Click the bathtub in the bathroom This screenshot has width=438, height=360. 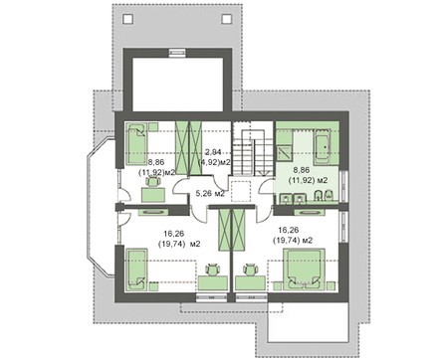click(x=323, y=147)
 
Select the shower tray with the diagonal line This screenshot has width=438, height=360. click(x=285, y=154)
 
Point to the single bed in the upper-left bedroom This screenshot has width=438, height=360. click(x=136, y=144)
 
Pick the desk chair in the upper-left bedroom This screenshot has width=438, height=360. click(x=153, y=182)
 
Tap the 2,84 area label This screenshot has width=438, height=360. click(x=213, y=152)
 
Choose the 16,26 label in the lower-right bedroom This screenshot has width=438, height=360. click(x=289, y=230)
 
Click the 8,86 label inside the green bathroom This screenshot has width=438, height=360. click(x=302, y=170)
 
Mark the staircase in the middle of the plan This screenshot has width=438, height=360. click(x=254, y=148)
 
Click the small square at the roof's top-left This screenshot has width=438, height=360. click(x=128, y=19)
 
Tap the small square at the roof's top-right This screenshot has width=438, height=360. click(x=227, y=19)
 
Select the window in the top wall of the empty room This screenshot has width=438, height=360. click(x=176, y=53)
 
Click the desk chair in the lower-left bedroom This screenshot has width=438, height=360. click(x=213, y=270)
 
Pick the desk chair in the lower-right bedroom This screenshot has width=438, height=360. click(x=250, y=270)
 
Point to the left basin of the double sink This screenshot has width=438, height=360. click(x=285, y=198)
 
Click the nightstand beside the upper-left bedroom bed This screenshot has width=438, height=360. click(x=153, y=127)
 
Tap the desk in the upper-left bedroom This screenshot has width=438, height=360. click(x=153, y=195)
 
